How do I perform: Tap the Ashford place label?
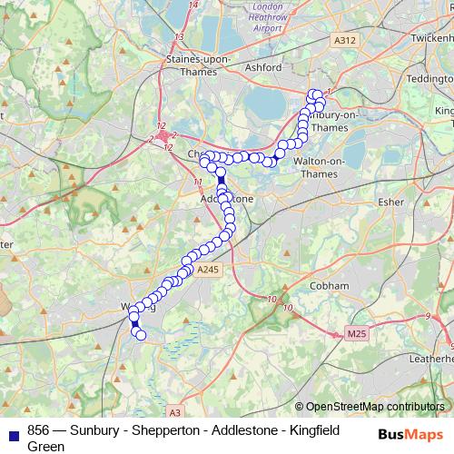(x=263, y=67)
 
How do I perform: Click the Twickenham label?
(x=427, y=42)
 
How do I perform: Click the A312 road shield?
(x=344, y=41)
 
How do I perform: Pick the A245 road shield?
(x=207, y=270)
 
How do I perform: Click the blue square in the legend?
(x=12, y=430)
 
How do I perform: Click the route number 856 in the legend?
(x=39, y=429)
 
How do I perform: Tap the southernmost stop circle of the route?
(x=141, y=336)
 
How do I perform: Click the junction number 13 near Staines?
(x=180, y=37)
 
